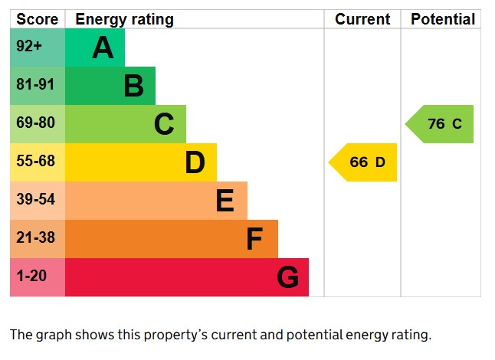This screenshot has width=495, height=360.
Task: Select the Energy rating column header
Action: pos(124,19)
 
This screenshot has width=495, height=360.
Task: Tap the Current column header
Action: pos(362,19)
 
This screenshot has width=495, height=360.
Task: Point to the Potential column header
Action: pos(442,19)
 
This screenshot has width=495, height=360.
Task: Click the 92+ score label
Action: pos(29,47)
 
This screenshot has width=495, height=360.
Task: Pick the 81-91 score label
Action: pos(35,85)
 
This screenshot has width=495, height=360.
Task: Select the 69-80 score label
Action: pos(35,123)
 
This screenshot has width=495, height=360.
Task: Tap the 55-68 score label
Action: pos(35,162)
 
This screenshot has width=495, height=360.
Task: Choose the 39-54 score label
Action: pos(35,200)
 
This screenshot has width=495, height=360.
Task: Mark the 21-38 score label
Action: pos(35,238)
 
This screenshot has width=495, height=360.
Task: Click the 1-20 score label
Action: pos(31,277)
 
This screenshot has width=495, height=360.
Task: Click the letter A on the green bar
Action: pos(103,48)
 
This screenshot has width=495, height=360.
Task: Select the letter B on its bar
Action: pos(133,86)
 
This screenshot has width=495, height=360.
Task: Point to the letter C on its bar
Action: pos(164,124)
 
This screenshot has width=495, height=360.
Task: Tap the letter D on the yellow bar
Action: pos(195,162)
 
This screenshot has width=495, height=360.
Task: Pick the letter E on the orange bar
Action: pos(225,201)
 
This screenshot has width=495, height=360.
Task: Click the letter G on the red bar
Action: pos(287,277)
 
